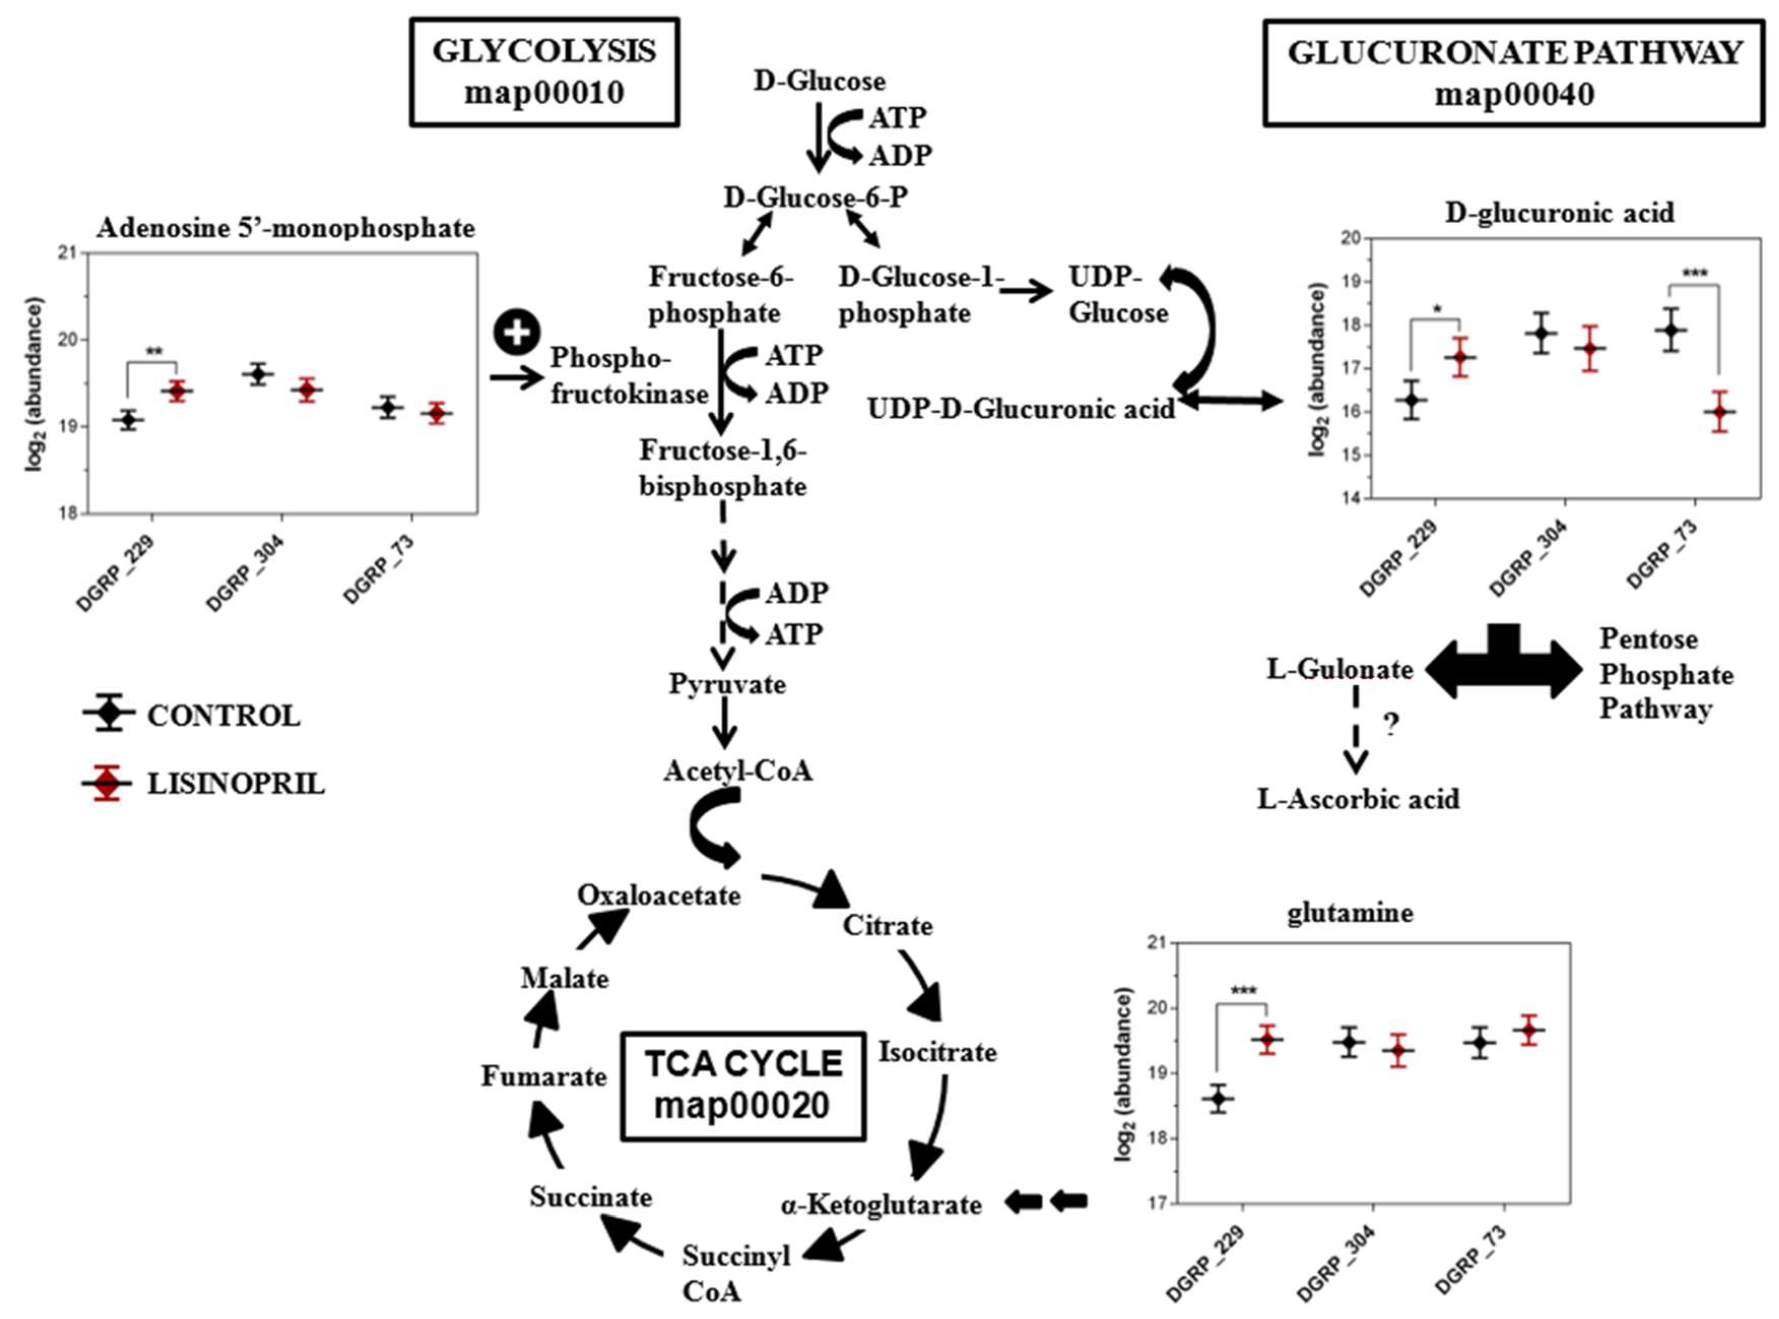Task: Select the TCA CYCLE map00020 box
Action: coord(743,1086)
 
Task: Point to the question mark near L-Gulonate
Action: coord(1391,724)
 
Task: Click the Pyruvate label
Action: coord(727,684)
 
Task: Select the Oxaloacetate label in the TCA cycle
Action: coord(658,895)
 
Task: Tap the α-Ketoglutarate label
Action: coord(881,1204)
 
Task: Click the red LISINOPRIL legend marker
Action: coord(107,783)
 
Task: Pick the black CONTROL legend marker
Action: coord(107,714)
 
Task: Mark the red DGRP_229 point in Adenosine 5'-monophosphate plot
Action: coord(176,391)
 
